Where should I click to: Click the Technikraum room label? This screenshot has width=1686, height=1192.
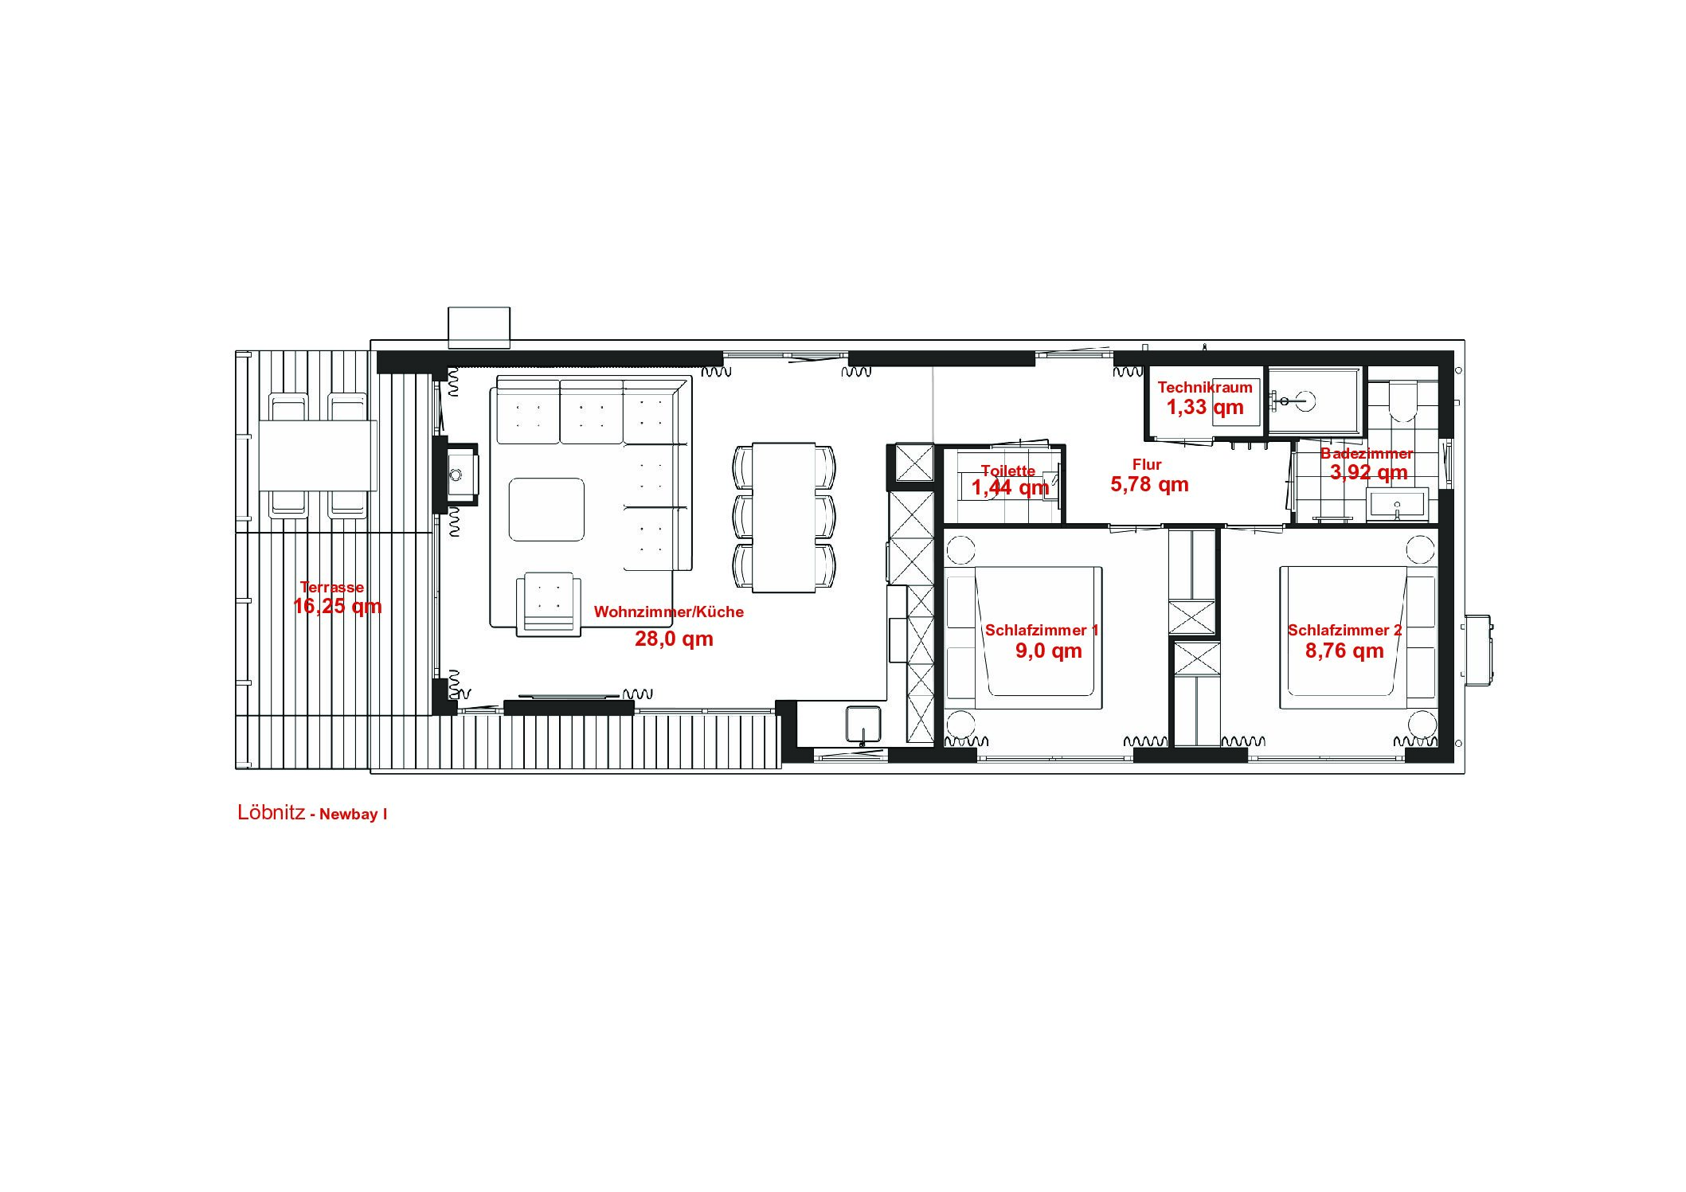[x=1204, y=388]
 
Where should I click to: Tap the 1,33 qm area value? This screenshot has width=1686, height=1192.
[x=1205, y=408]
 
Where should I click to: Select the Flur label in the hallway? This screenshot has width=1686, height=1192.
[x=1147, y=464]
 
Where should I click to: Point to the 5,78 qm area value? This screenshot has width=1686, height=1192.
[x=1149, y=484]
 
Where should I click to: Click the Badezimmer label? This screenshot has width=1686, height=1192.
[x=1367, y=454]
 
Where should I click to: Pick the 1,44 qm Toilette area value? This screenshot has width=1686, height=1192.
[x=1010, y=487]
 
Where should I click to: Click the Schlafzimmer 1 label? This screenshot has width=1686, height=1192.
[x=1042, y=631]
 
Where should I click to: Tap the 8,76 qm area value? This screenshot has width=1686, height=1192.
[x=1344, y=651]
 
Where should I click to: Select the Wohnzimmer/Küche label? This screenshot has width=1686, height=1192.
[x=669, y=612]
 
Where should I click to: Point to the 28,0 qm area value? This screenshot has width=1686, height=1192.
[x=674, y=639]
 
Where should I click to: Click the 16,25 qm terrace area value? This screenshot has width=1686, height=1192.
[x=338, y=607]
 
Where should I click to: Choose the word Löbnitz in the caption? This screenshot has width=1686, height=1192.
[x=271, y=812]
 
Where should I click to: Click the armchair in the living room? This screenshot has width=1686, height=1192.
[x=547, y=604]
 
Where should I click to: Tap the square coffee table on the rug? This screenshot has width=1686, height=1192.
[x=546, y=510]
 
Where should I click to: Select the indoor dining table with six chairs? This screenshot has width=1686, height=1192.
[x=784, y=518]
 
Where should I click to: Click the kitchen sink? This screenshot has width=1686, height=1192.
[x=863, y=725]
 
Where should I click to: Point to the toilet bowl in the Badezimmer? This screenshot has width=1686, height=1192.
[x=1402, y=402]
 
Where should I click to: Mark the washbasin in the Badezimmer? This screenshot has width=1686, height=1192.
[x=1398, y=505]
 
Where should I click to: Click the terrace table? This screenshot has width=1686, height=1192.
[x=318, y=456]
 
